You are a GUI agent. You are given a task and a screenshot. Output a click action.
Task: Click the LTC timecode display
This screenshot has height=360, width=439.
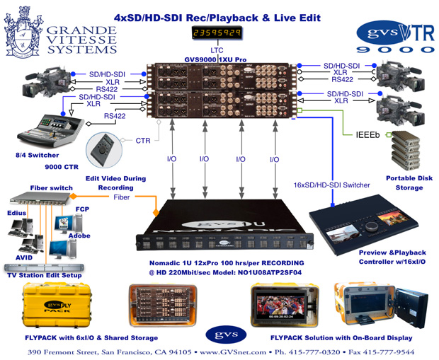pos(217,33)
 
